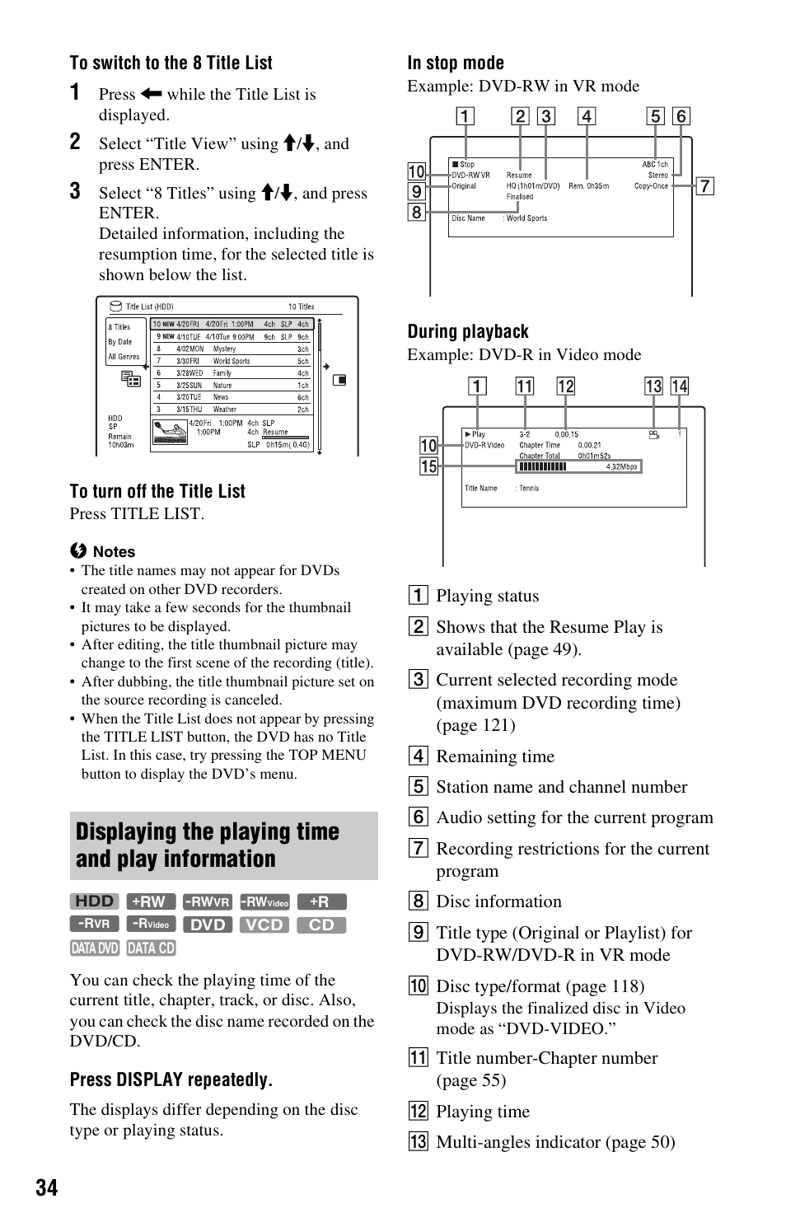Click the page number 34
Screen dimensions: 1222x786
[47, 1187]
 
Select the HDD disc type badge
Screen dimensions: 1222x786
[94, 901]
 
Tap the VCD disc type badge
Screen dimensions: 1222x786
[264, 925]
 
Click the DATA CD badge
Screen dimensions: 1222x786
[151, 948]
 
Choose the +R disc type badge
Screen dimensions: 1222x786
[321, 901]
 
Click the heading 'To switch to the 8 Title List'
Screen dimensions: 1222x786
[171, 63]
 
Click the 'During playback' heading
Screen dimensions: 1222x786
[467, 332]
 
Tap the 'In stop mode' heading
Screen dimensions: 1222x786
[455, 63]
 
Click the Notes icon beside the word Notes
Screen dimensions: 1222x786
[78, 551]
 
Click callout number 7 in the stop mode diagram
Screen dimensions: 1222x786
[704, 186]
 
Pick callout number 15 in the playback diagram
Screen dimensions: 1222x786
[428, 466]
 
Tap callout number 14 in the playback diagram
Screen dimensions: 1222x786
[679, 386]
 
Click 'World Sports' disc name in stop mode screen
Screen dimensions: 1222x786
[526, 218]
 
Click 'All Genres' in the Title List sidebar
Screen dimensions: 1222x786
[124, 357]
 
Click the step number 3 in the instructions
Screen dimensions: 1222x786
[75, 192]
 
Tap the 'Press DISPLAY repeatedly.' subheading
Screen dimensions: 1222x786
[171, 1080]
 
